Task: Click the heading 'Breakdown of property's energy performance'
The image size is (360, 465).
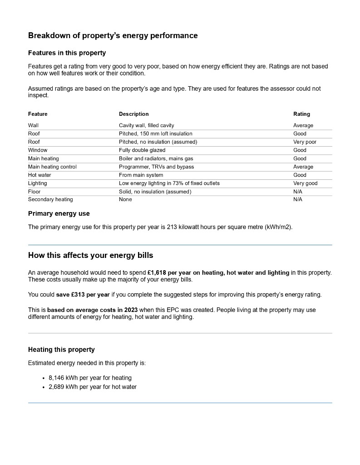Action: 113,35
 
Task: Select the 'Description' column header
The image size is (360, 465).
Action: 133,114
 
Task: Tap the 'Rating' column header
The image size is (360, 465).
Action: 301,114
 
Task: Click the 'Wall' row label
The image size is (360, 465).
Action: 33,125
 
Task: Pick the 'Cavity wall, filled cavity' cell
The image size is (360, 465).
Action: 146,125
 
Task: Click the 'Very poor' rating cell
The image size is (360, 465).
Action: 305,142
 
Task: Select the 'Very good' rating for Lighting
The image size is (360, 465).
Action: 305,183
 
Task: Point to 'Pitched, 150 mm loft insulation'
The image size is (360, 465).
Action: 155,134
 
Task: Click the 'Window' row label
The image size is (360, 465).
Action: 38,150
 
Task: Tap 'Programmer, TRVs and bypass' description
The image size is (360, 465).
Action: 156,167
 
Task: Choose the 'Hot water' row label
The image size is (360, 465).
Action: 39,175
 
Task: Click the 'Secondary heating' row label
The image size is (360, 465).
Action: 50,199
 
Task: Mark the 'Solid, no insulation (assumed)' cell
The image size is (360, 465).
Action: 155,192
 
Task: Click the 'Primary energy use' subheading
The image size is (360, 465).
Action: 59,213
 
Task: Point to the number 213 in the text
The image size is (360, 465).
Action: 171,227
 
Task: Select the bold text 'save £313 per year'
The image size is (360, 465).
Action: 83,295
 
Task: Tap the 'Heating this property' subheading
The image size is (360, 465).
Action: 61,350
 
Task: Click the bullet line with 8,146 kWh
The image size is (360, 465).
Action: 90,378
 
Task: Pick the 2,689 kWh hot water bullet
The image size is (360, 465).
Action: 92,387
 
